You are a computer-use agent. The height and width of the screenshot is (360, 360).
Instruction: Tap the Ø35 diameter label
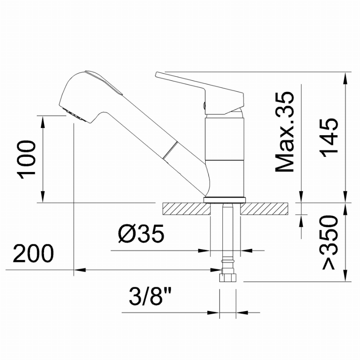(x=141, y=233)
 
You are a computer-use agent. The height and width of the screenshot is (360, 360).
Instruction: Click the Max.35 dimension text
(x=285, y=132)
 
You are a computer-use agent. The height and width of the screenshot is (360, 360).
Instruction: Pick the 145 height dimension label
(x=330, y=138)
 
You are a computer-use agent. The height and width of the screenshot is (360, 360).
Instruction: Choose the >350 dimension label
(x=330, y=242)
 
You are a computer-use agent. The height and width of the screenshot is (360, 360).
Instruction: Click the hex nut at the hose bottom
(x=228, y=277)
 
